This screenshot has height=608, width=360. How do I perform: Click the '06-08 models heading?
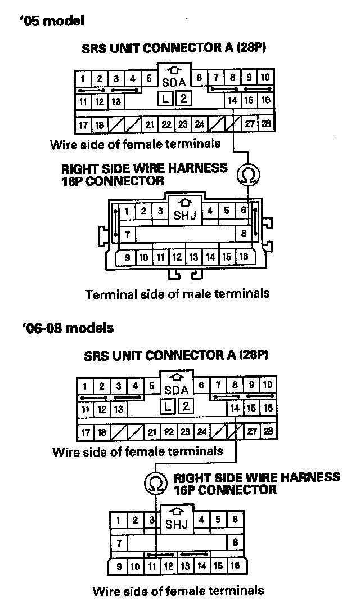tap(65, 328)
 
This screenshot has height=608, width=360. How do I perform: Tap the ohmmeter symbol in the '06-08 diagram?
tap(156, 483)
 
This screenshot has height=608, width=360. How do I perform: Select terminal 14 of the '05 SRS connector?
tap(232, 101)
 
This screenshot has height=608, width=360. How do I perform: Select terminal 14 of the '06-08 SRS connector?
tap(235, 408)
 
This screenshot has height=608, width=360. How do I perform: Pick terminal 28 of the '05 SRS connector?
tap(266, 123)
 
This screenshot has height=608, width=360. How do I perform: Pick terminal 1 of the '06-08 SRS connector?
tap(84, 387)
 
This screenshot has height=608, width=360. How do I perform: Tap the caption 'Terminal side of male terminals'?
tap(177, 294)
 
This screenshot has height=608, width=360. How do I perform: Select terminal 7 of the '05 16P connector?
tap(128, 233)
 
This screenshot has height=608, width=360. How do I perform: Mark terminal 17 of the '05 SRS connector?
tap(83, 124)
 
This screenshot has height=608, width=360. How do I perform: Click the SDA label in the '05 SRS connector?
tap(174, 83)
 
